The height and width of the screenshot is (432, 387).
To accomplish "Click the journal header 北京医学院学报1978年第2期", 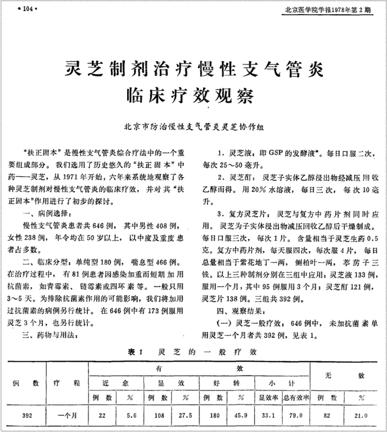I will (x=328, y=10).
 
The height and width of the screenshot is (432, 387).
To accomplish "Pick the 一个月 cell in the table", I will (x=67, y=415).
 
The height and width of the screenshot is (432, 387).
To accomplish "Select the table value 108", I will (x=159, y=415).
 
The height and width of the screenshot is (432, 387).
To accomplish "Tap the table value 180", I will (x=214, y=415).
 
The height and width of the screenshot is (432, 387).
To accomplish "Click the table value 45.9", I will (x=241, y=415).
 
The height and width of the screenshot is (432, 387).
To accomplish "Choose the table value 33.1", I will (x=268, y=415).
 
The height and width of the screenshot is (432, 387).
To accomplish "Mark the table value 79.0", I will (x=296, y=415).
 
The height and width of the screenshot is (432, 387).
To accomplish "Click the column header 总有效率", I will (x=296, y=398).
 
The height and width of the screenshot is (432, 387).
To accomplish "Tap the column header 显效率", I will (x=268, y=398).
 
